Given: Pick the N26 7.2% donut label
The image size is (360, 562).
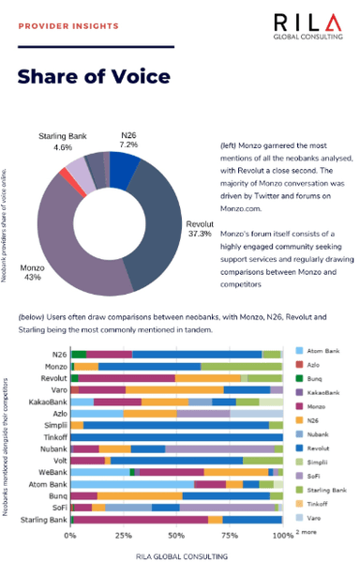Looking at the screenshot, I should pos(127,141).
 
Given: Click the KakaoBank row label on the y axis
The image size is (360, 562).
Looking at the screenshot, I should pos(48,402).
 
